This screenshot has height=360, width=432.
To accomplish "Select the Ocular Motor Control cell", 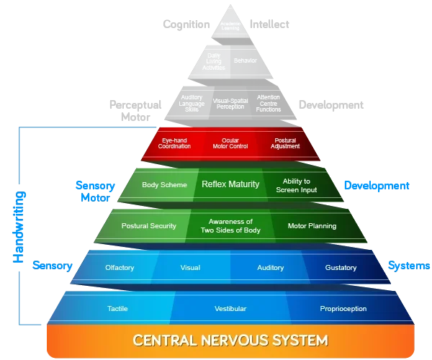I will [230, 143].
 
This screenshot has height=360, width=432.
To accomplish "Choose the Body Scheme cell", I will [164, 185].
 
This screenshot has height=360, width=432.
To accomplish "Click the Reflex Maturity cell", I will [230, 185].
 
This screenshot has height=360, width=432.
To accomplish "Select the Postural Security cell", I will [149, 226].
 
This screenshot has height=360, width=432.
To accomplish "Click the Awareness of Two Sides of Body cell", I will [230, 226].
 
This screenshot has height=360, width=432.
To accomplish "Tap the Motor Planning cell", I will [312, 226].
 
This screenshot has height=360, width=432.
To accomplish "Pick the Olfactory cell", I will [120, 268].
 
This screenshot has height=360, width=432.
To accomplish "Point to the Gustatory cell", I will [341, 268].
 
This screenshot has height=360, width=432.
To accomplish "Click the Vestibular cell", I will [230, 309].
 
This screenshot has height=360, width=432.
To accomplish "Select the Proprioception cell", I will [343, 309].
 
